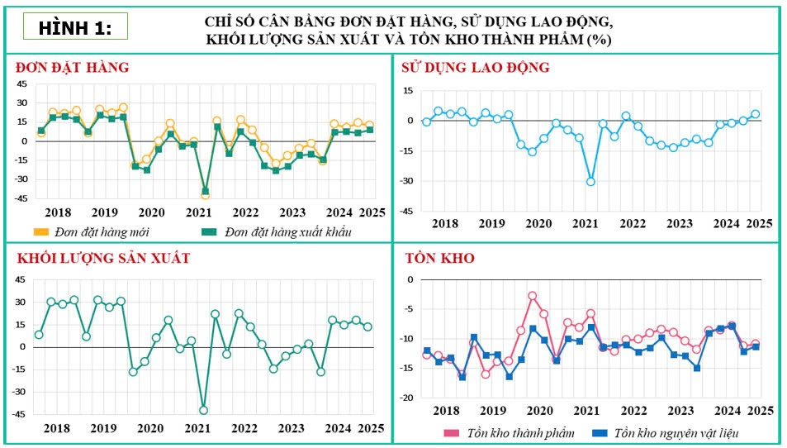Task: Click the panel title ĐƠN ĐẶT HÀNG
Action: pyautogui.click(x=72, y=67)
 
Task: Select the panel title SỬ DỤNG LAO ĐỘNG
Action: pyautogui.click(x=475, y=67)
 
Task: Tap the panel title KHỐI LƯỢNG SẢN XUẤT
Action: pyautogui.click(x=102, y=258)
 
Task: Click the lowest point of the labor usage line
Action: pyautogui.click(x=590, y=181)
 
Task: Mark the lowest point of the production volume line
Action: pyautogui.click(x=203, y=410)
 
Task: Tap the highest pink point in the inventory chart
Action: pyautogui.click(x=533, y=295)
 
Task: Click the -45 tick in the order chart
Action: pyautogui.click(x=22, y=198)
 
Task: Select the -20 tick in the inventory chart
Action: pyautogui.click(x=406, y=398)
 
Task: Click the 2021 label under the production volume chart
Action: pyautogui.click(x=197, y=428)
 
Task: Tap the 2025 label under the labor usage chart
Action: pyautogui.click(x=759, y=223)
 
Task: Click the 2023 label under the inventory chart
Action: pyautogui.click(x=680, y=411)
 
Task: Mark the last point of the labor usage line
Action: pyautogui.click(x=755, y=114)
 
